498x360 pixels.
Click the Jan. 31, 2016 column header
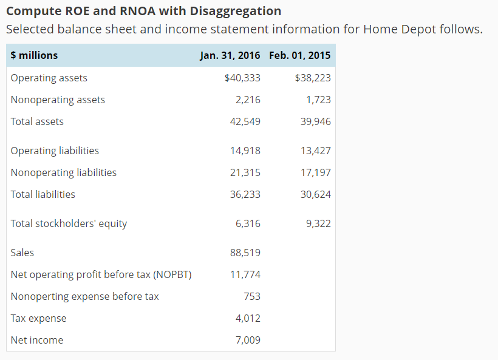[230, 55]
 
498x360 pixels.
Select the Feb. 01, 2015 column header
[299, 55]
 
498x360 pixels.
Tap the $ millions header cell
[34, 55]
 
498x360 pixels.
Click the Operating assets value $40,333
[242, 78]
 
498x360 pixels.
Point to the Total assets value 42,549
[245, 121]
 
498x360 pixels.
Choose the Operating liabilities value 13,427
[315, 151]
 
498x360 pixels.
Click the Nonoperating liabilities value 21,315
[245, 172]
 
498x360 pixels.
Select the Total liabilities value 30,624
[315, 194]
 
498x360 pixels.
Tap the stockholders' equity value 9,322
[318, 223]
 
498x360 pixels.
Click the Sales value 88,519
[245, 253]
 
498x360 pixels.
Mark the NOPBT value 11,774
[245, 274]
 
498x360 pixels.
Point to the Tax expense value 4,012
[248, 318]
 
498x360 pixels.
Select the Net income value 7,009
[248, 340]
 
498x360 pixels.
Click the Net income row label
[36, 340]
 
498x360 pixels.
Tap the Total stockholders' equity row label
[69, 223]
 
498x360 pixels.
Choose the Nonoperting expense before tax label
[84, 296]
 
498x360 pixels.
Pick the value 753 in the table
[251, 296]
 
